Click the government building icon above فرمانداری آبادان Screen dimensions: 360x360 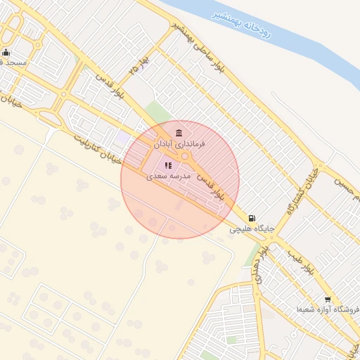[x=179, y=133]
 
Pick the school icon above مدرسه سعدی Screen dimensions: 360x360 [x=169, y=166]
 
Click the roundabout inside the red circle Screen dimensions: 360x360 [x=185, y=156]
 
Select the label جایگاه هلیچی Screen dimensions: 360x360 [x=252, y=229]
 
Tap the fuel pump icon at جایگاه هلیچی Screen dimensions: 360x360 [x=252, y=219]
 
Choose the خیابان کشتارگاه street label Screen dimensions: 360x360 [x=302, y=190]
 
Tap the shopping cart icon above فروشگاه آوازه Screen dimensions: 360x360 [x=328, y=300]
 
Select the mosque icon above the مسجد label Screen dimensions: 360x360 [x=6, y=52]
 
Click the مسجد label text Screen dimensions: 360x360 [x=14, y=63]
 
